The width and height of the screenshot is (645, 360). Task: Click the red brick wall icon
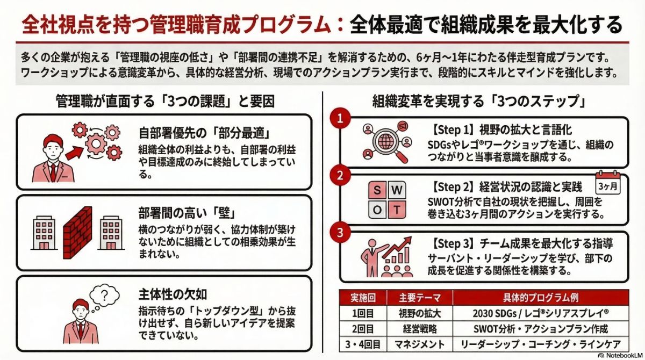pyautogui.click(x=77, y=232)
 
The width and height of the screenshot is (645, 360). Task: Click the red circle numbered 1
pyautogui.click(x=340, y=119)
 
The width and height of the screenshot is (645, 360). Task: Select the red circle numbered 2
pyautogui.click(x=340, y=176)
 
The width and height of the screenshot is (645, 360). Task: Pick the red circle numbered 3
pyautogui.click(x=340, y=233)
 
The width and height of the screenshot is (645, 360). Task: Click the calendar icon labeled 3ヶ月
pyautogui.click(x=608, y=184)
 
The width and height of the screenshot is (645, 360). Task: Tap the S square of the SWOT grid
pyautogui.click(x=377, y=191)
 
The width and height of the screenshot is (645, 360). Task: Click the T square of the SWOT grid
pyautogui.click(x=397, y=210)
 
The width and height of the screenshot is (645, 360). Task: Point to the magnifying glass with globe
pyautogui.click(x=386, y=142)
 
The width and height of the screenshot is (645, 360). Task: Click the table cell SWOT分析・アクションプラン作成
pyautogui.click(x=540, y=328)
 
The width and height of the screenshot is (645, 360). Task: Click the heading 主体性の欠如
pyautogui.click(x=173, y=294)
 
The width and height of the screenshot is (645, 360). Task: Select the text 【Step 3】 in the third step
pyautogui.click(x=451, y=243)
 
